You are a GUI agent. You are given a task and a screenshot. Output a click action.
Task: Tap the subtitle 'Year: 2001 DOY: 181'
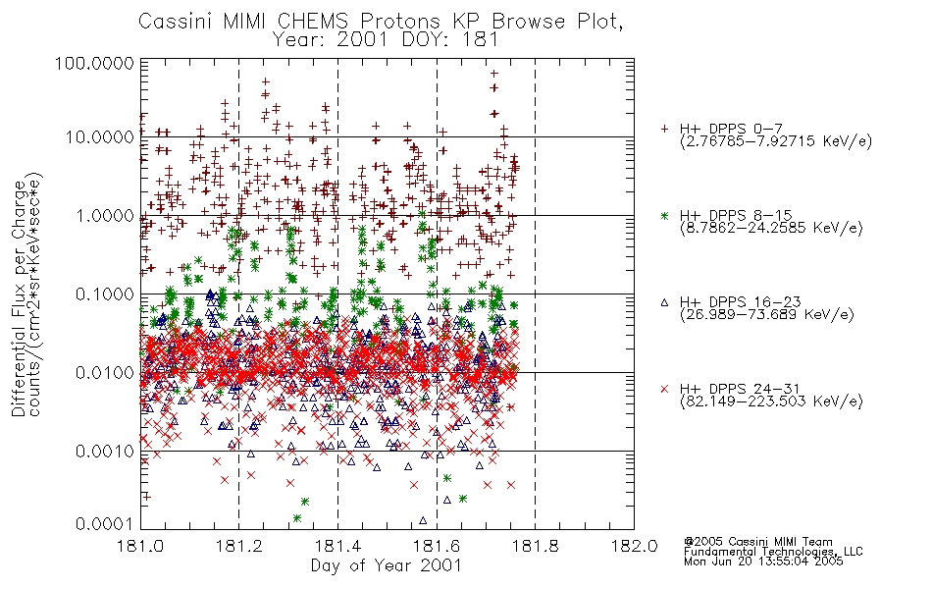385,40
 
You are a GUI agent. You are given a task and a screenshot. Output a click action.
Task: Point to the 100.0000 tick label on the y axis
95,63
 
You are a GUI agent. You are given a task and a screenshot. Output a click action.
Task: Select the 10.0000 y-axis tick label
99,137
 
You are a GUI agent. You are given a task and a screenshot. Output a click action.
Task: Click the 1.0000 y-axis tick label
105,215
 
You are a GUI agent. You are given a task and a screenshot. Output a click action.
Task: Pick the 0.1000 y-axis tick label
105,294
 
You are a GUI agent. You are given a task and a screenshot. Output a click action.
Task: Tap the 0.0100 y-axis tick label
105,373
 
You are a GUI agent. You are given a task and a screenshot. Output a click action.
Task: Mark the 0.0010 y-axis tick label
105,452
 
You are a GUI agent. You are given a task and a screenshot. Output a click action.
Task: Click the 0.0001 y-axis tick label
105,524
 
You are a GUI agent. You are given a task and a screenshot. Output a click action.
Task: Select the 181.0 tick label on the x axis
140,546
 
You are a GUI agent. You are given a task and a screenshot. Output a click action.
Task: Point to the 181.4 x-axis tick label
337,546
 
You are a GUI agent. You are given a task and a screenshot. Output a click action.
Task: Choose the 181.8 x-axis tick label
535,546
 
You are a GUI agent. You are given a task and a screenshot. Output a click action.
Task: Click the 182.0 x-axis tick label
634,546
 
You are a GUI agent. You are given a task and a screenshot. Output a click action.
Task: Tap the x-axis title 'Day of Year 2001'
386,565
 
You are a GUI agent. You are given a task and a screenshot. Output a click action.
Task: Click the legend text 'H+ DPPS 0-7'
731,129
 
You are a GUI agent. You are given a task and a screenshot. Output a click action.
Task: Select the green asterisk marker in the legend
664,215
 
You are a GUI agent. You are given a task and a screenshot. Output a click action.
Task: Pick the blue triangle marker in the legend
664,302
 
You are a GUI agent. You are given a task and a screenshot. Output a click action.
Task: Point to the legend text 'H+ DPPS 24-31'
740,389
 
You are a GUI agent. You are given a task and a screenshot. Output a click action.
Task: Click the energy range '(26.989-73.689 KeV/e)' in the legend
767,315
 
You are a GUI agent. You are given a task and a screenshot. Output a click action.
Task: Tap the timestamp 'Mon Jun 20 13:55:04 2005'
763,562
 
